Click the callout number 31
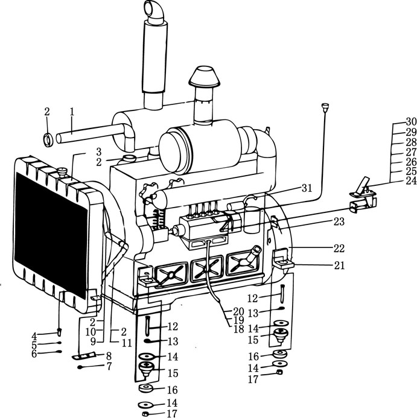pos(307,188)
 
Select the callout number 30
pos(411,122)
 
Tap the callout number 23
pos(339,222)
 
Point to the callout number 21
pos(339,266)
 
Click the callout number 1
pos(72,112)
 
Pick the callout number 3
pos(99,151)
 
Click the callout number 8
pos(109,356)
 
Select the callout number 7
pos(109,366)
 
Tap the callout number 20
pos(238,311)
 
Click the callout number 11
pos(127,343)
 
